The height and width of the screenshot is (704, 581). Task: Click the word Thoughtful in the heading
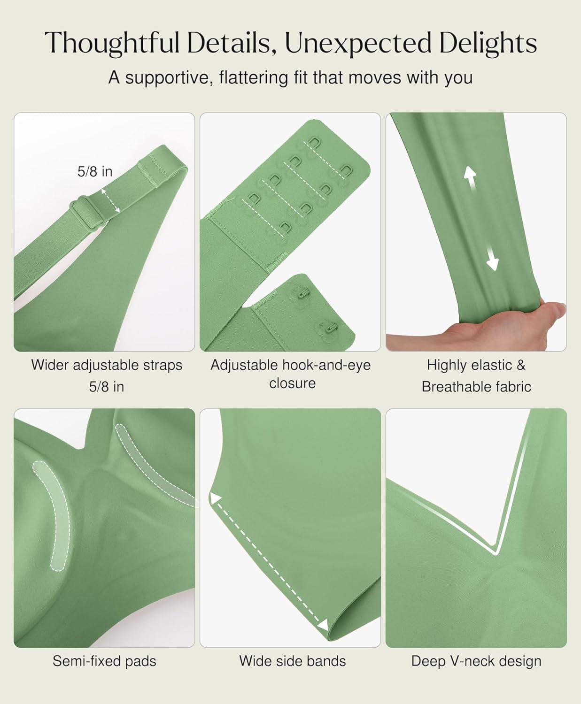pyautogui.click(x=112, y=43)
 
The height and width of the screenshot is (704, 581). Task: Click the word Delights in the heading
pyautogui.click(x=488, y=43)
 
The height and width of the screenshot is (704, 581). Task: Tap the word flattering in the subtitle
pyautogui.click(x=253, y=77)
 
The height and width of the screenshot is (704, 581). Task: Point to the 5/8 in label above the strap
pyautogui.click(x=95, y=172)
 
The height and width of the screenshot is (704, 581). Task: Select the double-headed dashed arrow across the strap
pyautogui.click(x=111, y=200)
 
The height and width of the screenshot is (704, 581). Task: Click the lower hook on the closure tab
pyautogui.click(x=332, y=327)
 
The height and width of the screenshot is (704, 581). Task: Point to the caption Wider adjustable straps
pyautogui.click(x=107, y=365)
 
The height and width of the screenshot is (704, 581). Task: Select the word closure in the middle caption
pyautogui.click(x=292, y=383)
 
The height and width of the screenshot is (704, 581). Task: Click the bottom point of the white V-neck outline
pyautogui.click(x=496, y=553)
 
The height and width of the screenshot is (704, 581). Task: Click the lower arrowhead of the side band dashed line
pyautogui.click(x=323, y=626)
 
